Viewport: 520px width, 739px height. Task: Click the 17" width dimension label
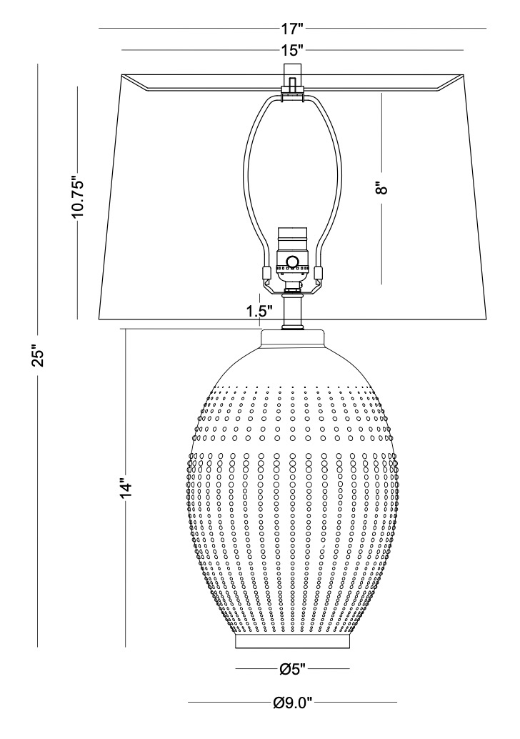click(292, 29)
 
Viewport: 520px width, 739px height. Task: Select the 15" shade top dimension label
click(292, 50)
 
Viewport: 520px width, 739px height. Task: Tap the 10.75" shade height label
click(77, 197)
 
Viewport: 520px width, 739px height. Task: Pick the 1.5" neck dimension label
click(259, 311)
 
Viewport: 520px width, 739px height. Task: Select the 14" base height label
click(125, 488)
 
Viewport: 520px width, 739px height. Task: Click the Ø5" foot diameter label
click(293, 668)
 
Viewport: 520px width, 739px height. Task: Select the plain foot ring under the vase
click(293, 641)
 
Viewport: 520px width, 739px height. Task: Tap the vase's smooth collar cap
click(293, 339)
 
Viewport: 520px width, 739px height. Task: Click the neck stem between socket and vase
click(293, 312)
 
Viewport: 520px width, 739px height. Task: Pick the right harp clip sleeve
click(319, 273)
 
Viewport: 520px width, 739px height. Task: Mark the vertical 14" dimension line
click(125, 488)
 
